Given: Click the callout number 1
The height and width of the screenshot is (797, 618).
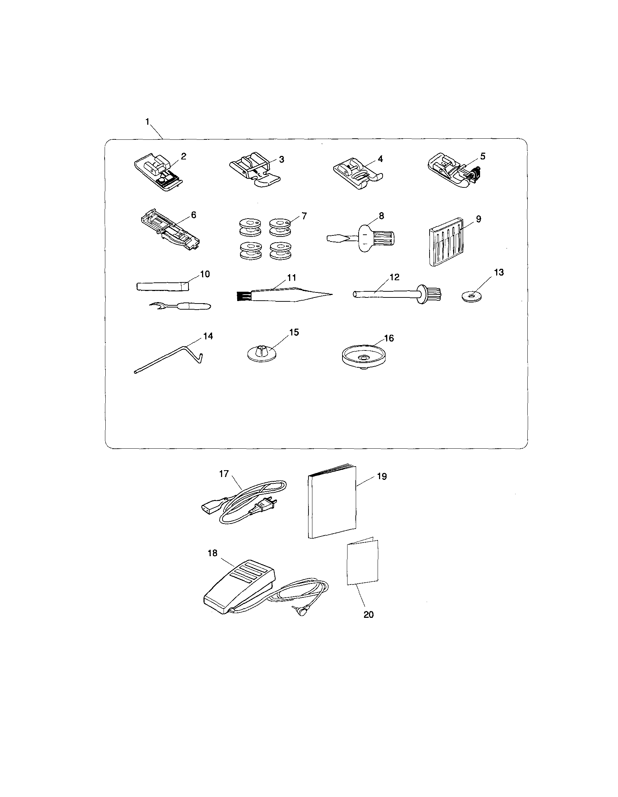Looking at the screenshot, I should tap(147, 121).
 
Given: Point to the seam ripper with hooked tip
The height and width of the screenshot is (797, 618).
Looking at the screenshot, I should tap(181, 304).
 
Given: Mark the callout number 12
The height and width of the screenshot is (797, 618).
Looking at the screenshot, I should tap(394, 277).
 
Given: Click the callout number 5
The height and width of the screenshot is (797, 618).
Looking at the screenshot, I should tap(483, 156).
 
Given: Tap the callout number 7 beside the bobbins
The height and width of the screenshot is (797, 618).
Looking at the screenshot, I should tap(304, 216).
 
